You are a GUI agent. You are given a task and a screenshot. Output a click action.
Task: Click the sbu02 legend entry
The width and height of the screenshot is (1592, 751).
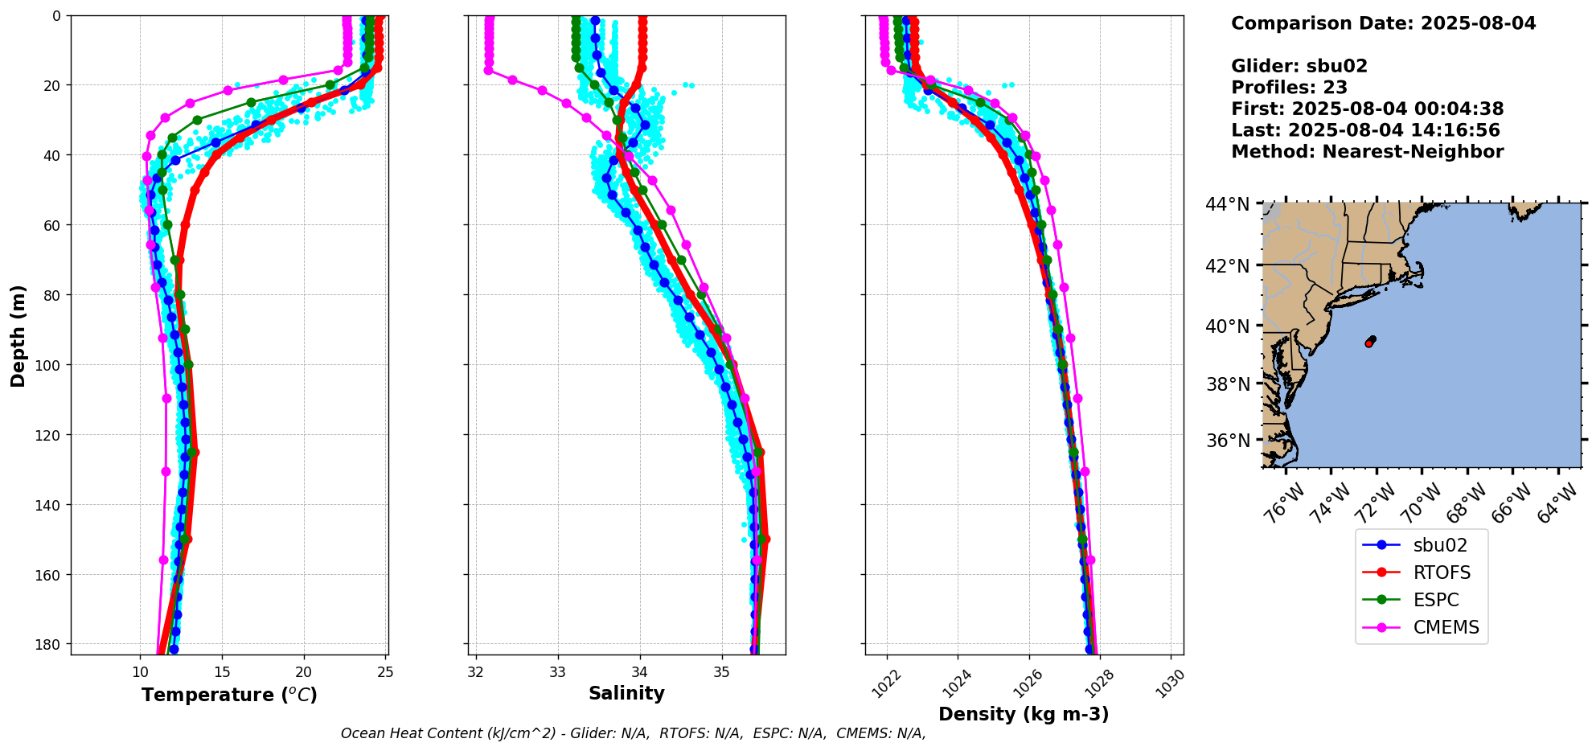click(x=1439, y=545)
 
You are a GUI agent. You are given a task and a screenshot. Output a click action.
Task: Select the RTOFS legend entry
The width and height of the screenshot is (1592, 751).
click(x=1442, y=572)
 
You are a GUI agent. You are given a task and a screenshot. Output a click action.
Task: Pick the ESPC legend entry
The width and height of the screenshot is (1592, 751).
click(x=1435, y=600)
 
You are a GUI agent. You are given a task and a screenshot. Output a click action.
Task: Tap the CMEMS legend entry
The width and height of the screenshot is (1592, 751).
click(x=1446, y=627)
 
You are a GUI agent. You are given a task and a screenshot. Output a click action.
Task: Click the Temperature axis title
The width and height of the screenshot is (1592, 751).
click(x=229, y=695)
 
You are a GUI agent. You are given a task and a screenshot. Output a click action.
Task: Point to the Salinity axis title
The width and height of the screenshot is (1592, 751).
click(x=626, y=693)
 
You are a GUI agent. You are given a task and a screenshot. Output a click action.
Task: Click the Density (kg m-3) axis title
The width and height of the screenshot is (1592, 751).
click(x=1024, y=714)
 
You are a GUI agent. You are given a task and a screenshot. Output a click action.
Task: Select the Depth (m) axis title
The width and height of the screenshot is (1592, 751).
click(x=18, y=335)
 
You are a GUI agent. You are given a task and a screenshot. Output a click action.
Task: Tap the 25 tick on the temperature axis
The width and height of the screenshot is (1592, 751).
click(x=385, y=672)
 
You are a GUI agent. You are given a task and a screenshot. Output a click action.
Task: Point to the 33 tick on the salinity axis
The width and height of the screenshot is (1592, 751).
click(x=558, y=672)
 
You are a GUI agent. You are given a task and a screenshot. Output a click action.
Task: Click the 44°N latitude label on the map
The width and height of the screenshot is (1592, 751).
click(x=1227, y=204)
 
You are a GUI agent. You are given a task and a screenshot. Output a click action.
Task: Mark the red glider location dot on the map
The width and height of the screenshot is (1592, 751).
click(x=1368, y=343)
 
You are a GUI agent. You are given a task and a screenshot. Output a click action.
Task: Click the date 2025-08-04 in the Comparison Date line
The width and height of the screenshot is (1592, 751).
click(x=1478, y=23)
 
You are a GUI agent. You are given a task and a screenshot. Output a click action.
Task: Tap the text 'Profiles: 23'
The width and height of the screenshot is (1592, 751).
click(x=1289, y=88)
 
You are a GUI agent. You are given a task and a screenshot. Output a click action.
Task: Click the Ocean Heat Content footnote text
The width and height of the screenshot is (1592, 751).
click(x=633, y=733)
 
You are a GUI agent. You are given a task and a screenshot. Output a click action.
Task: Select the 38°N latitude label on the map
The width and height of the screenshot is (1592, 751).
click(x=1227, y=384)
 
